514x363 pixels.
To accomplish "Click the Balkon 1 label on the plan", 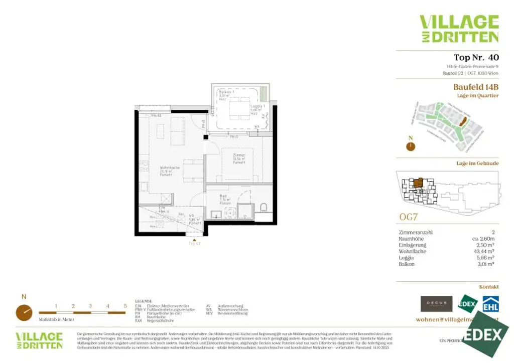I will [226, 93].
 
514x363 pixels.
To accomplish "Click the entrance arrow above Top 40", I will [194, 239].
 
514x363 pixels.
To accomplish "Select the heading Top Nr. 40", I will [476, 57].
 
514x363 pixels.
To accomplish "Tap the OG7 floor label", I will [409, 217].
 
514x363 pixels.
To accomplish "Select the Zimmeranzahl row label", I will [415, 233].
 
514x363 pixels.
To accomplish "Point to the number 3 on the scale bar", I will [90, 306].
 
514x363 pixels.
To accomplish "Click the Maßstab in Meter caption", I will [56, 319].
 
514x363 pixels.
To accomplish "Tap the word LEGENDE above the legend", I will [143, 301].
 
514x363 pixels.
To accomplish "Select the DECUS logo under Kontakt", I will [436, 304].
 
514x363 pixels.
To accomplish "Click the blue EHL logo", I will [490, 304].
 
